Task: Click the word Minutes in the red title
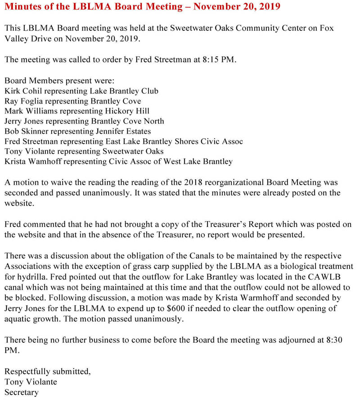tap(22, 7)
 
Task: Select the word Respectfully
tap(27, 372)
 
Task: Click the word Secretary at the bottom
tap(21, 392)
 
